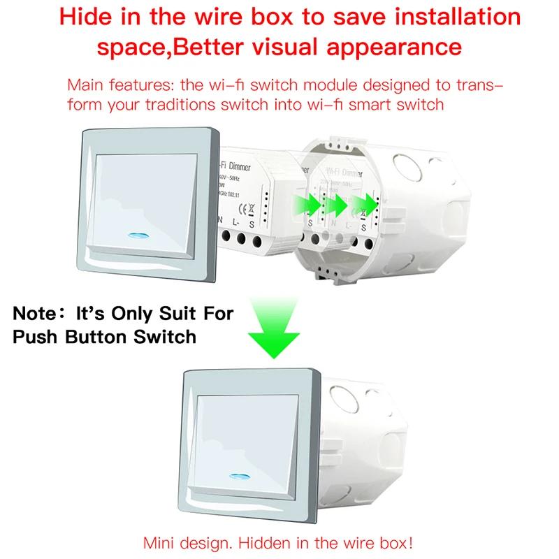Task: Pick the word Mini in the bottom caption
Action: click(x=159, y=542)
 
